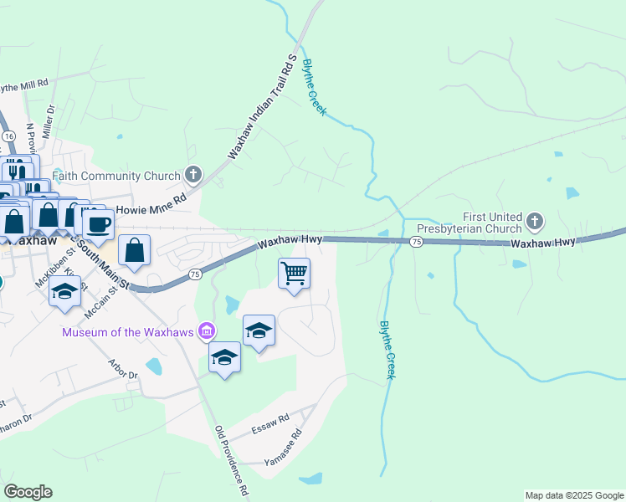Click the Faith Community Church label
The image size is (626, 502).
tap(116, 176)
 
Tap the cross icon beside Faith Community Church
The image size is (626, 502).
tap(193, 176)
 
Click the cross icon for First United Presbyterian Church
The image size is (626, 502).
tap(535, 222)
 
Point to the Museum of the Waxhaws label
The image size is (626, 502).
tap(126, 332)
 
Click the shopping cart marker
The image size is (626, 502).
tap(295, 273)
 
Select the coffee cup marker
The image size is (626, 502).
tap(99, 224)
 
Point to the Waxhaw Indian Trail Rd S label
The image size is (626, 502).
tap(263, 109)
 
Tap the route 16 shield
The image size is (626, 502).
tap(8, 136)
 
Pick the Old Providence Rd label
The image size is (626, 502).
tap(231, 460)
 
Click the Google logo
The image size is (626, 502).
tap(28, 492)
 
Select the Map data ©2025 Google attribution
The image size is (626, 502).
tap(573, 495)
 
